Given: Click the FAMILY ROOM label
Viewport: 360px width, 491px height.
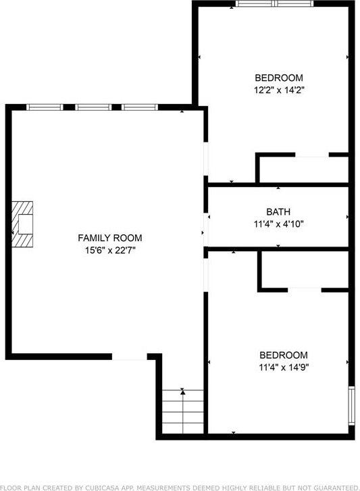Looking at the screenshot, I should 109,238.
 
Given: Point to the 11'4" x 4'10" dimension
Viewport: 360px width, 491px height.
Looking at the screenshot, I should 278,224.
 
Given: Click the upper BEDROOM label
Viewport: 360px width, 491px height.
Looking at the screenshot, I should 278,78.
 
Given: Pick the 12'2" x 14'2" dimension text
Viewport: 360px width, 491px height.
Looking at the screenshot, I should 278,91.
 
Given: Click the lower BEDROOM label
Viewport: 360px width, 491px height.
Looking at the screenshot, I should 284,355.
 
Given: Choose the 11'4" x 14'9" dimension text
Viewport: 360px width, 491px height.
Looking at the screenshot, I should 284,368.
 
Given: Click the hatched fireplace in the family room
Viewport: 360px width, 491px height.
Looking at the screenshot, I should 24,224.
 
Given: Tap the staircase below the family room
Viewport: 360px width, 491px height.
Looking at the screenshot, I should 183,413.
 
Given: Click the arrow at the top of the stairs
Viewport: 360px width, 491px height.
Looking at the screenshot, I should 183,391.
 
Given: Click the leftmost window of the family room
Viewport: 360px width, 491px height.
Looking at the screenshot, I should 45,107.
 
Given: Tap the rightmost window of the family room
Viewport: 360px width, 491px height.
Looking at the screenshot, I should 140,107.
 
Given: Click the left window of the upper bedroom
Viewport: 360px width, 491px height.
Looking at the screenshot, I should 255,4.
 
